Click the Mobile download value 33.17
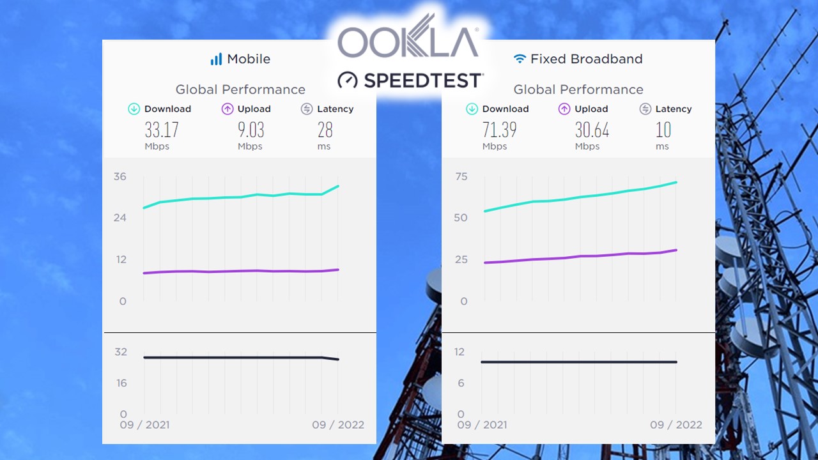pos(162,130)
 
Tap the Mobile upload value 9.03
pos(251,130)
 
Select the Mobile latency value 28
pos(325,130)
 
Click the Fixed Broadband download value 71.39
pos(499,130)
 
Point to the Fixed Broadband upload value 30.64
pos(592,130)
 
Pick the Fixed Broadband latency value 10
pos(663,130)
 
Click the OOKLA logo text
pos(408,42)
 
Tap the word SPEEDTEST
pos(422,80)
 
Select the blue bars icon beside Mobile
pos(216,59)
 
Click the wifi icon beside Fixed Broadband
pos(520,59)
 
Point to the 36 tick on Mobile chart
pos(120,176)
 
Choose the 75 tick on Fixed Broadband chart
pos(461,176)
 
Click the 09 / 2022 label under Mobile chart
pos(338,425)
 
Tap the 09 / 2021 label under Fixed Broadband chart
pos(482,425)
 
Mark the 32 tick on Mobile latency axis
pos(120,352)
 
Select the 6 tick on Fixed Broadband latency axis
pos(461,383)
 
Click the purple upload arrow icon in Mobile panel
pos(228,109)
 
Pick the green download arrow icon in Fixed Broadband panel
pos(472,109)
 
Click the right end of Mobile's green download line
pos(338,186)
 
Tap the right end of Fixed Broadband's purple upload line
pos(676,250)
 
